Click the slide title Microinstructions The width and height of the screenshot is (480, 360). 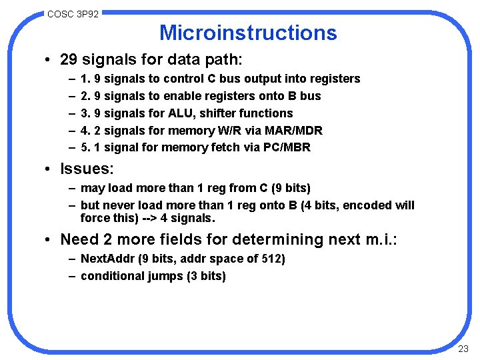pyautogui.click(x=248, y=33)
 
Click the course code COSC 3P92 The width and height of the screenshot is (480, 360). pyautogui.click(x=73, y=13)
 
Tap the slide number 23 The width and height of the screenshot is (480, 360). pyautogui.click(x=463, y=349)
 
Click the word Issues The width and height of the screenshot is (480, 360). pyautogui.click(x=85, y=169)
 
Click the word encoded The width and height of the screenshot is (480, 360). pyautogui.click(x=361, y=205)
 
